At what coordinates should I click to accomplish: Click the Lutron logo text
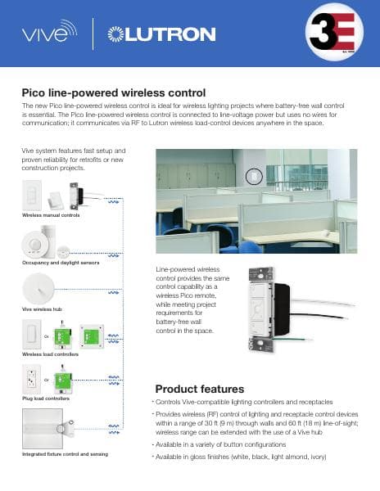coord(169,34)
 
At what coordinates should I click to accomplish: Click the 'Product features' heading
coord(199,388)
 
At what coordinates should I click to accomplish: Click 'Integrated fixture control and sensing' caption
coord(70,453)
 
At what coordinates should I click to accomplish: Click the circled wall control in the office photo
coord(252,176)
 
